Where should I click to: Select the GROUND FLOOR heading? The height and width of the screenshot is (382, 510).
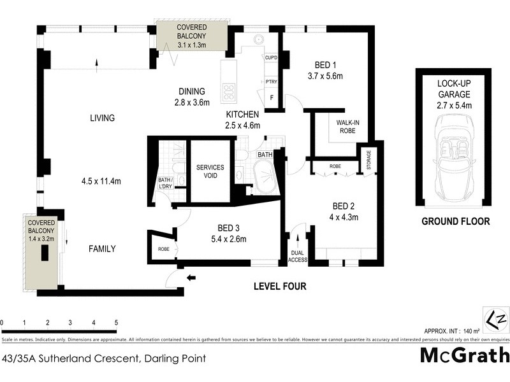coord(455,222)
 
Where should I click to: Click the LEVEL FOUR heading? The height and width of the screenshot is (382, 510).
coord(280,286)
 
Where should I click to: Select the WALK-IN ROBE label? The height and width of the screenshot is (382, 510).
coord(342,127)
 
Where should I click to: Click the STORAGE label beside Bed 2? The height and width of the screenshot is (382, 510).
coord(368,160)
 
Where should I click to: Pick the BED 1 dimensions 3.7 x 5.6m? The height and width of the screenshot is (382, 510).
coord(325,76)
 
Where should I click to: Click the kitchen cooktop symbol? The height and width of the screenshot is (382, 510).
coord(228,92)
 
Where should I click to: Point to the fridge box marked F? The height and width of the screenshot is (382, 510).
coord(272,98)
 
